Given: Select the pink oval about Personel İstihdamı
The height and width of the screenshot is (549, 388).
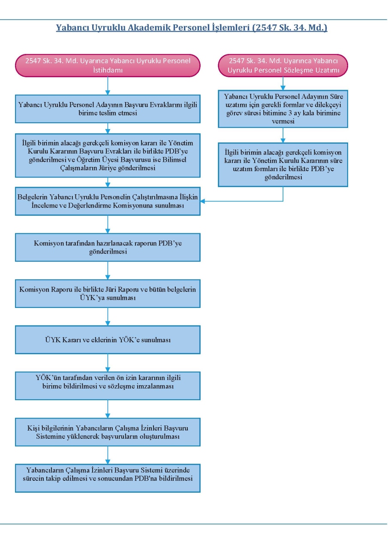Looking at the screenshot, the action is click(x=108, y=66).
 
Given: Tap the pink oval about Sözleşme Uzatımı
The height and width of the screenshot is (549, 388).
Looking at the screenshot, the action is click(x=283, y=66).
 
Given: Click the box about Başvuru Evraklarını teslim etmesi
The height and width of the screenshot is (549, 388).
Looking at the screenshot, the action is click(x=108, y=109).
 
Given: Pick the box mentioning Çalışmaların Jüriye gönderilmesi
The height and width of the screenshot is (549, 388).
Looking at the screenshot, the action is click(x=108, y=155).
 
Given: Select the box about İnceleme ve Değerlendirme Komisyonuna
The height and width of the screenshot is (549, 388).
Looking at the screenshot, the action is click(x=108, y=201).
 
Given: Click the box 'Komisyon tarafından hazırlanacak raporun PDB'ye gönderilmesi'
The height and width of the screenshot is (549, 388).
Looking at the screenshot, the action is click(x=108, y=247).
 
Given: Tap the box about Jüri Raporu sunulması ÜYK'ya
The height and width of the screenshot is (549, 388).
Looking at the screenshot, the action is click(x=108, y=294).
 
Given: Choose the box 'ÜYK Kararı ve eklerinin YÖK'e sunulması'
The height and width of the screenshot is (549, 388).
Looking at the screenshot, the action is click(x=108, y=340).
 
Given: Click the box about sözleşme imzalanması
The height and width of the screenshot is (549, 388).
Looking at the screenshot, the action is click(x=108, y=386).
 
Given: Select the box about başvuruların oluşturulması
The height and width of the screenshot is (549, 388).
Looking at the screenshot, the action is click(x=108, y=432).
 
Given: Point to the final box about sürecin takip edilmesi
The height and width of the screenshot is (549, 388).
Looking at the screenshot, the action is click(x=108, y=478).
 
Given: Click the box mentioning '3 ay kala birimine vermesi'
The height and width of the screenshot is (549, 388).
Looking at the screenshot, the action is click(x=283, y=109).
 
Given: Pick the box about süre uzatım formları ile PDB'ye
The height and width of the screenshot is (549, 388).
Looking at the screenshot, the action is click(x=283, y=165).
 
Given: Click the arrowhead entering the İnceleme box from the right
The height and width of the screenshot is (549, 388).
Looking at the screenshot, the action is click(x=203, y=201).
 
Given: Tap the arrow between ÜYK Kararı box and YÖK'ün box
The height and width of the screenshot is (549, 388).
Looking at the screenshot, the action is click(x=108, y=363).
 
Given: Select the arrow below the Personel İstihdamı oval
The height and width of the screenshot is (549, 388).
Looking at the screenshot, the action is click(x=108, y=86).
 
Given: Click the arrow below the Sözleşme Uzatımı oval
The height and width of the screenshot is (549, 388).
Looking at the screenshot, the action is click(x=283, y=84).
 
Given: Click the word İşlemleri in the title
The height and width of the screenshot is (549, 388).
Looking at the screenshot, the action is click(x=231, y=27).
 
